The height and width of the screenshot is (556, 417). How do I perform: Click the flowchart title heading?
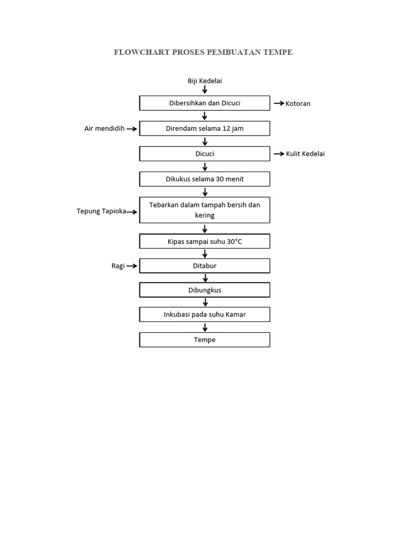pyautogui.click(x=203, y=52)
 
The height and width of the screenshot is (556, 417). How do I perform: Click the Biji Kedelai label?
pyautogui.click(x=205, y=81)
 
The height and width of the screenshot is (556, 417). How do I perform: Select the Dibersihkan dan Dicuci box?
pyautogui.click(x=205, y=103)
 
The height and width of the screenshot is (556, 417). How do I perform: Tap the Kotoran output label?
pyautogui.click(x=298, y=103)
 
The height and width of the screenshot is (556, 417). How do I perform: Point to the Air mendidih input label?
pyautogui.click(x=104, y=129)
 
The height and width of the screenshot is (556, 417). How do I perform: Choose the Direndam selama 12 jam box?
pyautogui.click(x=205, y=129)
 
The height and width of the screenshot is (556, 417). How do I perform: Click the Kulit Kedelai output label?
pyautogui.click(x=305, y=154)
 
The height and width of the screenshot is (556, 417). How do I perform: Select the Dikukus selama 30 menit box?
pyautogui.click(x=205, y=179)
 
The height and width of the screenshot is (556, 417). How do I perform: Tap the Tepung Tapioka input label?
pyautogui.click(x=101, y=211)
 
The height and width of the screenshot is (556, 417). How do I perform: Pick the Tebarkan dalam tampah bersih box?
pyautogui.click(x=205, y=210)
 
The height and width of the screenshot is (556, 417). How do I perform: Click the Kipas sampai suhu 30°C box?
pyautogui.click(x=205, y=241)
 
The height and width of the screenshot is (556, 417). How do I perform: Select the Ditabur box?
pyautogui.click(x=205, y=266)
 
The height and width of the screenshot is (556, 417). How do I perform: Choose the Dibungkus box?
pyautogui.click(x=205, y=290)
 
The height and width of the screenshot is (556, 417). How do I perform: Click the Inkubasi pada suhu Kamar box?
pyautogui.click(x=205, y=314)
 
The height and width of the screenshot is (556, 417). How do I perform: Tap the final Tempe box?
pyautogui.click(x=205, y=340)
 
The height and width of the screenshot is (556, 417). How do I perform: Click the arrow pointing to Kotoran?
pyautogui.click(x=279, y=103)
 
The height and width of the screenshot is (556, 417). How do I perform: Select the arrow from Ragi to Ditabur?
pyautogui.click(x=132, y=266)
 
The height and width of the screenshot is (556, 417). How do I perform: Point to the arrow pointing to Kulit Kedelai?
pyautogui.click(x=279, y=154)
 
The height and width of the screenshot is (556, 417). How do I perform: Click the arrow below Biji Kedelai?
pyautogui.click(x=205, y=90)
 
